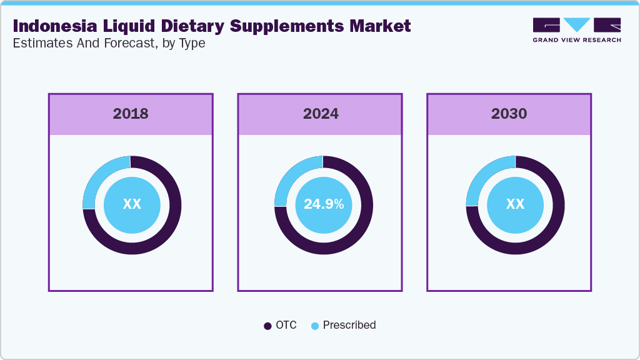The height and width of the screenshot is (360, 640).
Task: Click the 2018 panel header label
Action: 131,114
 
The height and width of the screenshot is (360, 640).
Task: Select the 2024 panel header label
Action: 321,114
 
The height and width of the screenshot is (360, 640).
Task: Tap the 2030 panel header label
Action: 509,114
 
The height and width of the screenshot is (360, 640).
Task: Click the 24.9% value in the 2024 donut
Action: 323,204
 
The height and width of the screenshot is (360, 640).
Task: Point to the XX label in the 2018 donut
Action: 132,204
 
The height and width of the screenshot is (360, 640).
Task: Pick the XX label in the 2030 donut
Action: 515,204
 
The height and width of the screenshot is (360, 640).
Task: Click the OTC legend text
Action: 286,325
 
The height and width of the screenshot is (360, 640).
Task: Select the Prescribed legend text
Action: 349,325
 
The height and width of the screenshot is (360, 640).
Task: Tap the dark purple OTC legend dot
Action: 267,326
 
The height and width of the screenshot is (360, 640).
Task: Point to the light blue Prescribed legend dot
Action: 315,326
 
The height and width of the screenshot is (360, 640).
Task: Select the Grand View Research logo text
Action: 577,40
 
